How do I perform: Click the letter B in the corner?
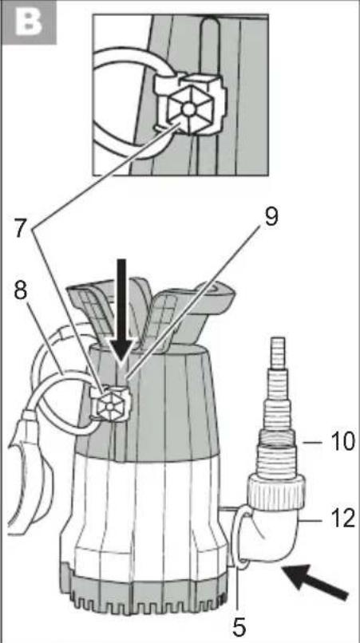click(28, 22)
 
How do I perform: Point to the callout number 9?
click(271, 217)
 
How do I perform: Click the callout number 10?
click(338, 443)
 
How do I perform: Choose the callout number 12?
click(338, 519)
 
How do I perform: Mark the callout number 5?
click(239, 625)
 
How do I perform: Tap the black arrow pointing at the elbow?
click(316, 581)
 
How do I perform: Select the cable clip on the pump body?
click(110, 404)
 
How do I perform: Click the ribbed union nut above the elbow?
click(276, 491)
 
